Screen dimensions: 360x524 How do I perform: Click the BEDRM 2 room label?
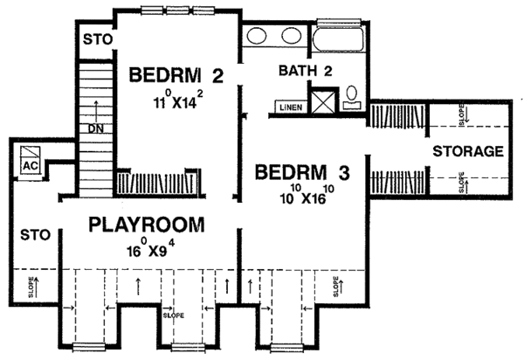pos(176,77)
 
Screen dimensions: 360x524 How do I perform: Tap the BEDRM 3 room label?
pos(302,172)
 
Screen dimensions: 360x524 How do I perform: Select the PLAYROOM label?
pos(148,225)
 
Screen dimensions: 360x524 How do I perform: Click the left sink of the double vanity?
pos(256,38)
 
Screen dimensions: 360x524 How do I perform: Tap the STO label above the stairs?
pos(93,39)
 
